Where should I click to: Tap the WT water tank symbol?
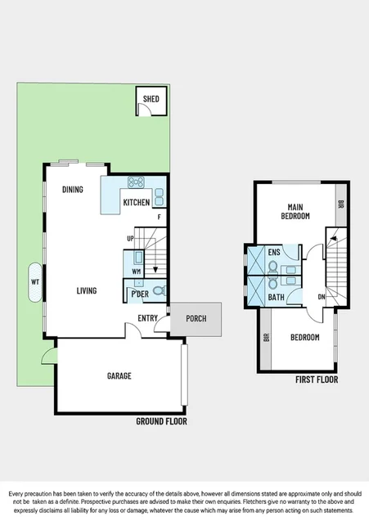pyautogui.click(x=34, y=281)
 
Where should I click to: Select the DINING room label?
pyautogui.click(x=72, y=190)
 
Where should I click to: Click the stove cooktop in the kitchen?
pyautogui.click(x=137, y=182)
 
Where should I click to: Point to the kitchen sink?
pyautogui.click(x=160, y=196)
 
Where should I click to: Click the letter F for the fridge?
pyautogui.click(x=160, y=216)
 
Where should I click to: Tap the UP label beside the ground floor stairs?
pyautogui.click(x=129, y=239)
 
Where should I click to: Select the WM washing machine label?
pyautogui.click(x=136, y=271)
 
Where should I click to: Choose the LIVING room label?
pyautogui.click(x=87, y=290)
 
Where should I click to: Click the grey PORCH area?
pyautogui.click(x=196, y=319)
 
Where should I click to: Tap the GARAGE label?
pyautogui.click(x=119, y=375)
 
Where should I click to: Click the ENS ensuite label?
pyautogui.click(x=273, y=253)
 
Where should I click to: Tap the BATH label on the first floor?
pyautogui.click(x=277, y=298)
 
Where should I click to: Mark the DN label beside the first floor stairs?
pyautogui.click(x=322, y=297)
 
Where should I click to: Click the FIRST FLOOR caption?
pyautogui.click(x=316, y=380)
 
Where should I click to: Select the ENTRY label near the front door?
pyautogui.click(x=148, y=319)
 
